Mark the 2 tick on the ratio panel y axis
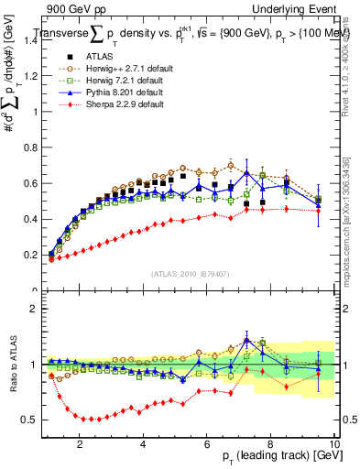pos(37,309)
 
